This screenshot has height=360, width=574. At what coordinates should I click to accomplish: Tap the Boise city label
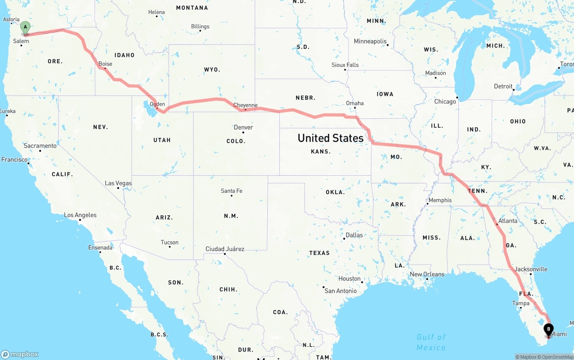pos(105,64)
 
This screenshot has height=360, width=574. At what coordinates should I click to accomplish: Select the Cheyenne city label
pos(245,105)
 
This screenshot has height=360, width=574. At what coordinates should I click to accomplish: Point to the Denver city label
pos(244,127)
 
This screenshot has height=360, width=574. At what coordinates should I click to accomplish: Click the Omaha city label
pos(355,103)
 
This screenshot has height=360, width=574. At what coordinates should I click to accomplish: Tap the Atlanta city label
pos(508,221)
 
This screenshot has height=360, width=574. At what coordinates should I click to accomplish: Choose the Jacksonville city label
pos(531,269)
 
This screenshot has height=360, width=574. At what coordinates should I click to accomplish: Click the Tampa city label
pos(521,304)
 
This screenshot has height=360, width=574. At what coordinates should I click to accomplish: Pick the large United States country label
pos(330,138)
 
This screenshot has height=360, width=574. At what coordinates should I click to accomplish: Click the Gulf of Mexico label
pos(431,342)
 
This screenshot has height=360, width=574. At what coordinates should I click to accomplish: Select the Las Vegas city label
pos(118,183)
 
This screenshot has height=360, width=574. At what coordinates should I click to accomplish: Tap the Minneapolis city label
pos(370,41)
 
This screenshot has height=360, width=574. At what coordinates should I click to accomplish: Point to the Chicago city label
pos(445,101)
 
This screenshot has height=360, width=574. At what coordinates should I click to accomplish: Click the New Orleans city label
pos(427,274)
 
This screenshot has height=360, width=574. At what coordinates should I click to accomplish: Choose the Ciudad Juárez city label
pos(225,249)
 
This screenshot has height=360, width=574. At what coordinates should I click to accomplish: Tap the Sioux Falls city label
pos(345,65)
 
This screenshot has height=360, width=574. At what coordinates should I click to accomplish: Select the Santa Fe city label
pos(231,191)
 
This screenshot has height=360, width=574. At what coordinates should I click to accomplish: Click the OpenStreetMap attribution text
pos(557,357)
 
